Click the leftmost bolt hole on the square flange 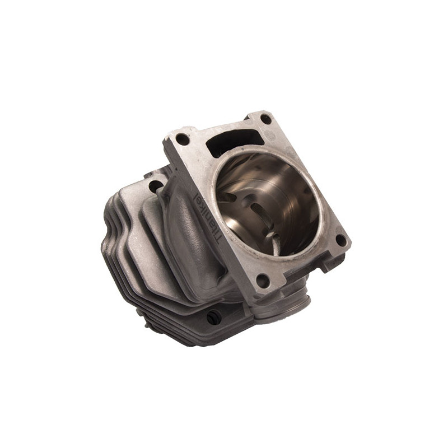[183, 138]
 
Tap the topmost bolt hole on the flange [265, 119]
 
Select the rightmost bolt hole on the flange [340, 240]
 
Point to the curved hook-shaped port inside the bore [273, 243]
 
